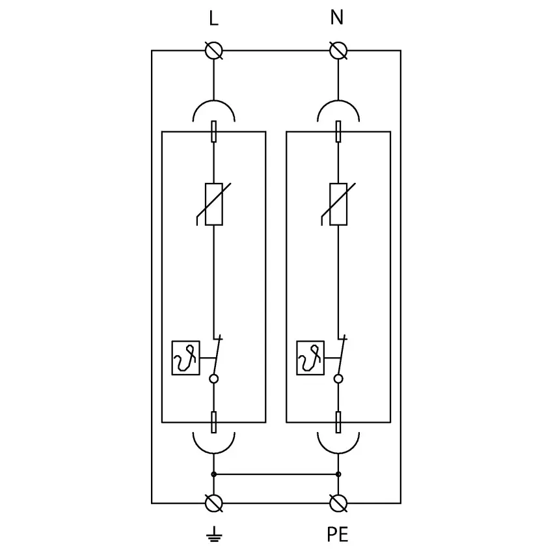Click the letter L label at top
click(213, 18)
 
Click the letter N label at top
click(337, 18)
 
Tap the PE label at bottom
click(338, 535)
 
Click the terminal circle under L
click(213, 50)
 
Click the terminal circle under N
click(338, 50)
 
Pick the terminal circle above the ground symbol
click(213, 503)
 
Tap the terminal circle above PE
click(338, 503)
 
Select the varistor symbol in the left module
click(213, 204)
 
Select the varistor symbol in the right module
click(338, 204)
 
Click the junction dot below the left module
click(213, 474)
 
